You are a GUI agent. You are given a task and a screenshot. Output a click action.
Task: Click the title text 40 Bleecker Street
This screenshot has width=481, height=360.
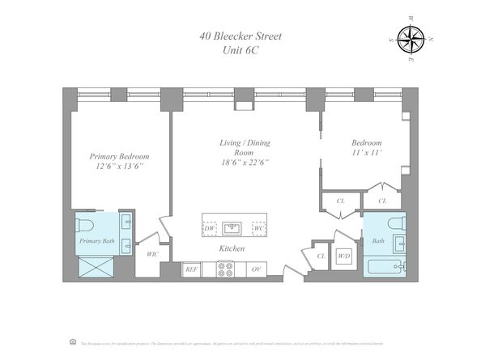[x=240, y=36]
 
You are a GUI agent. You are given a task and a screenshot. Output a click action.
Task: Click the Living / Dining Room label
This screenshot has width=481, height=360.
[x=244, y=147]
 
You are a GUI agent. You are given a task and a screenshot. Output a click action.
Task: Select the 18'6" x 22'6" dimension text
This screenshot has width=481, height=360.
[x=244, y=163]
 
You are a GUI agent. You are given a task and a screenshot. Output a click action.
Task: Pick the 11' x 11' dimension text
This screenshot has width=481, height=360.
[x=364, y=151]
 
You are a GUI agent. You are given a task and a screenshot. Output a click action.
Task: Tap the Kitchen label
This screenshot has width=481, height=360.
[x=232, y=248]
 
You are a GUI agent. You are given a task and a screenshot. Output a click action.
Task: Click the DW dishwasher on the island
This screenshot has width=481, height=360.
[x=210, y=227]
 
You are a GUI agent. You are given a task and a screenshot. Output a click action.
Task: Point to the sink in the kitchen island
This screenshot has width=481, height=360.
[x=233, y=227]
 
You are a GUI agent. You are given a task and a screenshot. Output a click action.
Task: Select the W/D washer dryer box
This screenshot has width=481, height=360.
[x=343, y=256]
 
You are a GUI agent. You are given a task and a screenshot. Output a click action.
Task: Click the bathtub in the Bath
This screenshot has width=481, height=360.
[x=385, y=268]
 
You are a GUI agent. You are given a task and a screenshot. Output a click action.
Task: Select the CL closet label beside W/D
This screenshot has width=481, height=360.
[x=321, y=256]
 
